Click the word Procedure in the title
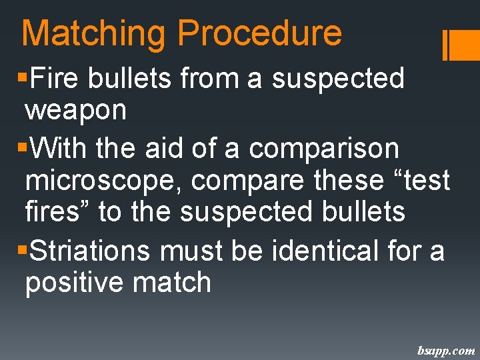tap(260, 34)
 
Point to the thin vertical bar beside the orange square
tap(445, 45)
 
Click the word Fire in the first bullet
tap(54, 79)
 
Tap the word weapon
tap(75, 111)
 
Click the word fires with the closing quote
tap(58, 213)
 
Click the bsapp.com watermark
tap(446, 350)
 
